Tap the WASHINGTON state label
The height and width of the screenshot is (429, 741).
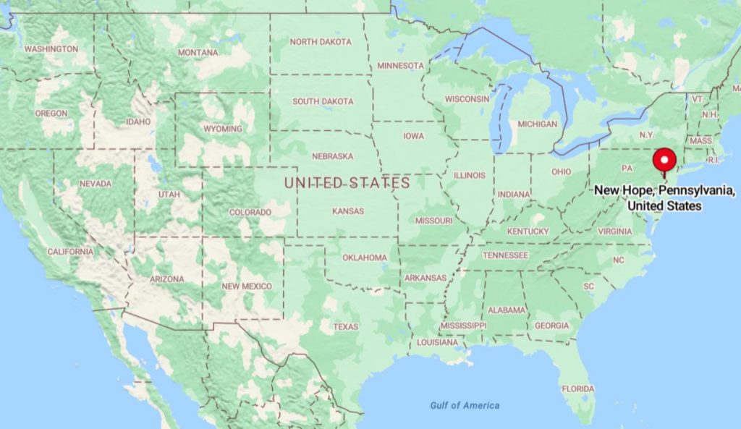click(x=51, y=49)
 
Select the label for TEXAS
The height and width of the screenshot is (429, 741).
click(x=345, y=327)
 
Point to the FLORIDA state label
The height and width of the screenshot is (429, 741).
click(x=577, y=389)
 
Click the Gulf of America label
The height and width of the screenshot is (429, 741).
click(x=465, y=406)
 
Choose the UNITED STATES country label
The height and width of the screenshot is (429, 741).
click(x=347, y=183)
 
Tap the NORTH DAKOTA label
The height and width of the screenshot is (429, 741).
click(x=321, y=42)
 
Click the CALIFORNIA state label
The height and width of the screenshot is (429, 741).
click(x=70, y=252)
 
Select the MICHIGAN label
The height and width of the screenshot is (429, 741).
click(x=538, y=124)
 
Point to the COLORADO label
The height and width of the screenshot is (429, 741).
click(x=250, y=213)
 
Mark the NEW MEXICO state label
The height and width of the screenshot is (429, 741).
click(x=247, y=286)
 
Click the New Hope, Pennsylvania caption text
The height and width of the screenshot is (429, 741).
click(x=664, y=198)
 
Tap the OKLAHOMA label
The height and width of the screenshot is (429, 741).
click(x=365, y=258)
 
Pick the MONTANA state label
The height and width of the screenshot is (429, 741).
click(x=198, y=53)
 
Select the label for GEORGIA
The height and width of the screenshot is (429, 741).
click(x=551, y=326)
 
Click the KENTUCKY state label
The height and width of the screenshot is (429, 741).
click(x=528, y=232)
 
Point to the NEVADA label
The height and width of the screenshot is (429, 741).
click(x=96, y=184)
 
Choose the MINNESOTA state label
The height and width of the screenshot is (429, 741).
click(x=400, y=66)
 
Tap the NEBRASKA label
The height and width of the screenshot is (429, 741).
click(x=332, y=156)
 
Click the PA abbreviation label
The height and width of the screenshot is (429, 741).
click(x=627, y=168)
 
